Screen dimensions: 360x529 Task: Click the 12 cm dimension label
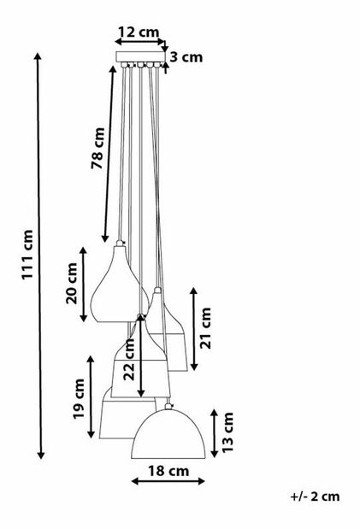pyautogui.click(x=139, y=32)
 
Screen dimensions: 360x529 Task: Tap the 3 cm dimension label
pyautogui.click(x=186, y=57)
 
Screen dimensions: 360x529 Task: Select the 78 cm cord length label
pyautogui.click(x=98, y=148)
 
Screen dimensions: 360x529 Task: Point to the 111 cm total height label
pyautogui.click(x=27, y=255)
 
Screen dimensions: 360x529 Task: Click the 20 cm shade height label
pyautogui.click(x=72, y=284)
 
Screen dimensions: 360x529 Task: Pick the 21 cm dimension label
pyautogui.click(x=205, y=328)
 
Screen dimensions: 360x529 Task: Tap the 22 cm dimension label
pyautogui.click(x=129, y=360)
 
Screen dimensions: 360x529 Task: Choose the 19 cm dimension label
pyautogui.click(x=79, y=398)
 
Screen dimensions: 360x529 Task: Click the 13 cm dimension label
pyautogui.click(x=227, y=432)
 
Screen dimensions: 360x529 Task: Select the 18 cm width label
pyautogui.click(x=168, y=471)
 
